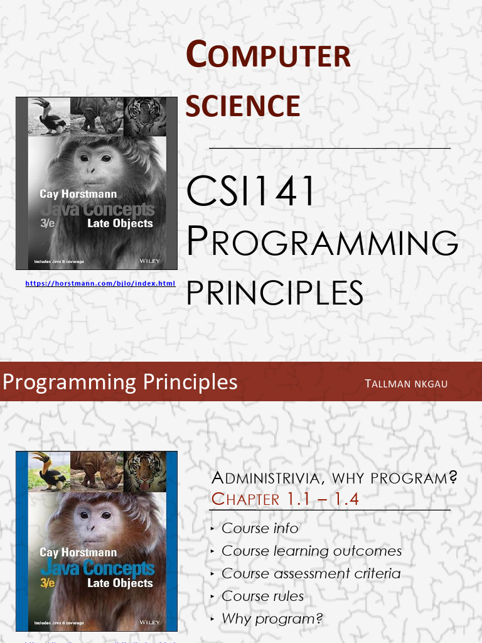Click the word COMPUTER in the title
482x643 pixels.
pyautogui.click(x=268, y=55)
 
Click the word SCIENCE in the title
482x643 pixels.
pyautogui.click(x=243, y=105)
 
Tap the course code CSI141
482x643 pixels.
pyautogui.click(x=250, y=192)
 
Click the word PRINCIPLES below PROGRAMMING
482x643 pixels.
pyautogui.click(x=275, y=293)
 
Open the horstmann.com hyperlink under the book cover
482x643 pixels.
pyautogui.click(x=100, y=284)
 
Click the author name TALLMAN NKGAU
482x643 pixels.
pyautogui.click(x=406, y=384)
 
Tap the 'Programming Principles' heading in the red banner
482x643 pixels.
pyautogui.click(x=120, y=382)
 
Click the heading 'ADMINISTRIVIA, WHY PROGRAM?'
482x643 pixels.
pyautogui.click(x=334, y=478)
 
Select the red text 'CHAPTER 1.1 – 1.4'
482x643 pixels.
pyautogui.click(x=285, y=499)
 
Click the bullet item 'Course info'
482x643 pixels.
pyautogui.click(x=260, y=528)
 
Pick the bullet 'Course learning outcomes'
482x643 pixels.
pyautogui.click(x=311, y=551)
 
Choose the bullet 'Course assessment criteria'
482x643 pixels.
pyautogui.click(x=311, y=573)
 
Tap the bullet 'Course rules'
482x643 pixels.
pyautogui.click(x=262, y=596)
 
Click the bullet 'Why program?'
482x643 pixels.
pyautogui.click(x=272, y=619)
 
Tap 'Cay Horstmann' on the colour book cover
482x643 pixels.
pyautogui.click(x=78, y=553)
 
